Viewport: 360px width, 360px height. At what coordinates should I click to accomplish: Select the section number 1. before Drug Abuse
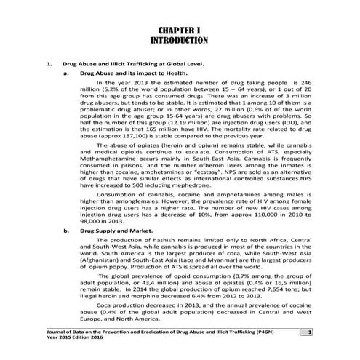(49, 65)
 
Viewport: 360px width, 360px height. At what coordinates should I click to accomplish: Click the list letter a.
(67, 73)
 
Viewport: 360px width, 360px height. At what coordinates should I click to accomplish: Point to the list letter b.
(67, 230)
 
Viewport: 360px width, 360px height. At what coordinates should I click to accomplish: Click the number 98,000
(94, 222)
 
